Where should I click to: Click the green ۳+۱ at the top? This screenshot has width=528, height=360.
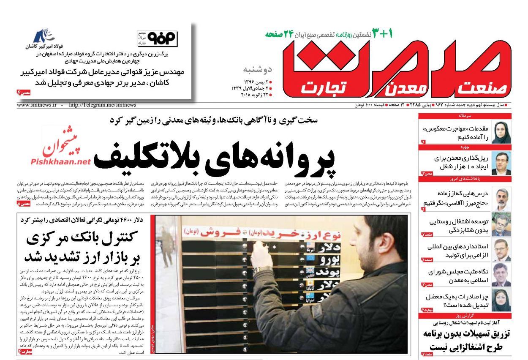[x=382, y=33]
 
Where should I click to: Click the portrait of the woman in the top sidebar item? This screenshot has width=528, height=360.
[x=501, y=132]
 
